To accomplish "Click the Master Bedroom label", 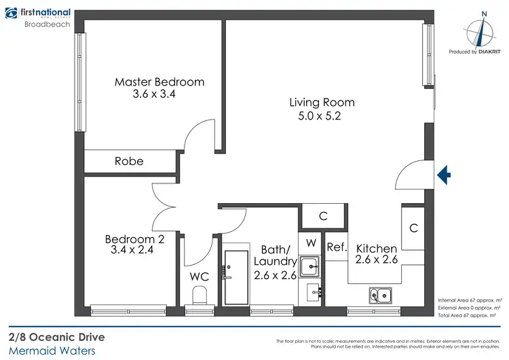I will point(159,82).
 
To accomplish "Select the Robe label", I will point(129,162).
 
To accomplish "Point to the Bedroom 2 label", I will point(134,239).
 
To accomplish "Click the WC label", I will point(200,277).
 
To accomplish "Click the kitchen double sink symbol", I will point(379,295).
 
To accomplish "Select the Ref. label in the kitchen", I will point(337,248).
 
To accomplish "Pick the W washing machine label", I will point(311,242).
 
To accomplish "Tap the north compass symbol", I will point(483,31).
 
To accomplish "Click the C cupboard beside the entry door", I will point(413,228).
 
